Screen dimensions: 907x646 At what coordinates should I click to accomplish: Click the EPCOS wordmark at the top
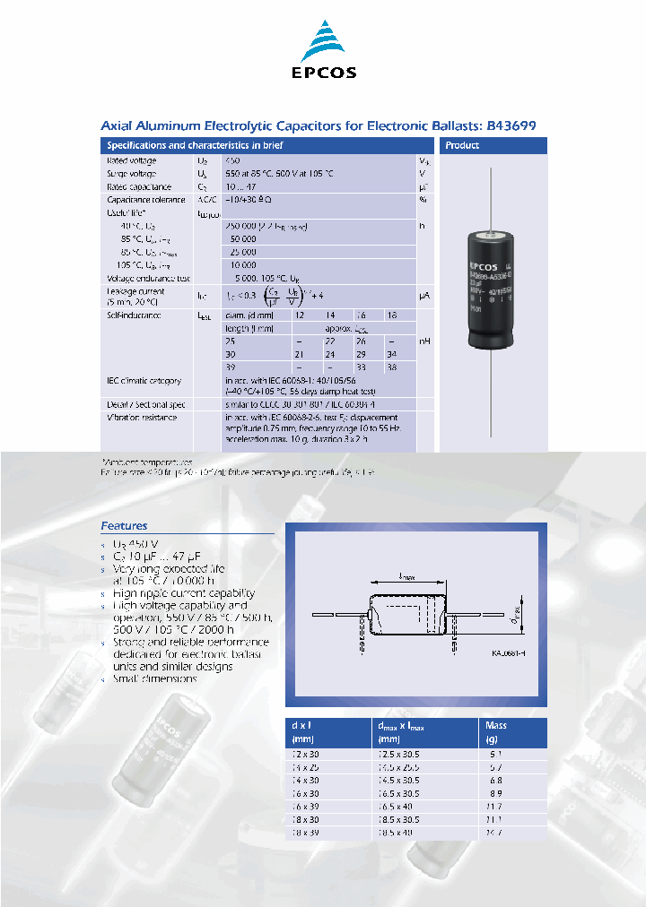tap(322, 73)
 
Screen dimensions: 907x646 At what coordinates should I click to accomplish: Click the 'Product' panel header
tap(462, 145)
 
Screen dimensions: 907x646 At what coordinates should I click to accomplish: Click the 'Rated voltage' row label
tap(131, 160)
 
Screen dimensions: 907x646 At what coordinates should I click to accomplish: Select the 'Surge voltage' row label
tap(132, 173)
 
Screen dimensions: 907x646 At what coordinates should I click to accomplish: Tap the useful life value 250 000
tap(243, 227)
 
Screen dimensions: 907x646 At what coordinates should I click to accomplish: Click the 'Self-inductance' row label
tap(134, 315)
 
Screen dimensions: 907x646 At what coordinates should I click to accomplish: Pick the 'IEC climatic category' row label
tap(144, 381)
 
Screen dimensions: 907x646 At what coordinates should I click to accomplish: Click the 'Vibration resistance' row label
tap(142, 418)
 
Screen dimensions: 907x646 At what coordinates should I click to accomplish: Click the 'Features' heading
tap(124, 526)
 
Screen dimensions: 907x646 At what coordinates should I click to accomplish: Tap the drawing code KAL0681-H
tap(509, 654)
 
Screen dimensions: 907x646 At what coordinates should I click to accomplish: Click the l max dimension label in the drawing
tap(405, 580)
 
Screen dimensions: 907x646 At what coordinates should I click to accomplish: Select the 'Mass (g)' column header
tap(496, 731)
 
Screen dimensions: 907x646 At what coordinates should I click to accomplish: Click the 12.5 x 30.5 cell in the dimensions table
tap(398, 756)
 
